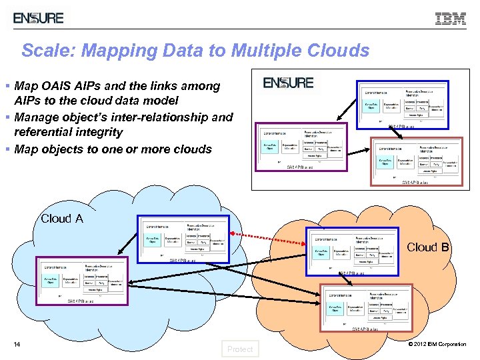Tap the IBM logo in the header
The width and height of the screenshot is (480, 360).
click(451, 19)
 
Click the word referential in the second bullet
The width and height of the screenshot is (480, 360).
click(47, 132)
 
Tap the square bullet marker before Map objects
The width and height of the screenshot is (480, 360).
click(7, 149)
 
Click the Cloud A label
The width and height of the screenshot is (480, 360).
click(62, 219)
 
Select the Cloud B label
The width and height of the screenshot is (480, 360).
click(427, 247)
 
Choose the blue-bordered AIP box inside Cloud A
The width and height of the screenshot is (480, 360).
click(183, 238)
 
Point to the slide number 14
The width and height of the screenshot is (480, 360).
click(19, 344)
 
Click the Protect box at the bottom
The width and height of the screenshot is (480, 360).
click(240, 349)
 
